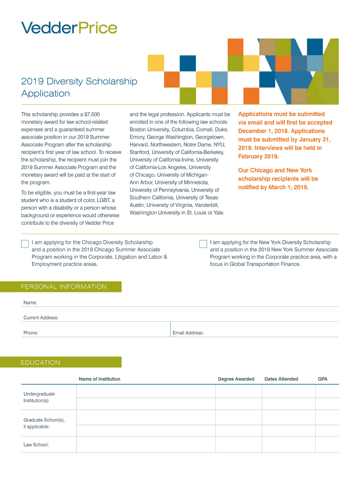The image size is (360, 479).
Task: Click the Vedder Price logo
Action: tap(69, 28)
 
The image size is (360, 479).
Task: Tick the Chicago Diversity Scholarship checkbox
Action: tap(25, 244)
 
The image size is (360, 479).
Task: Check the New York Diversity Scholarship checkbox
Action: tap(203, 244)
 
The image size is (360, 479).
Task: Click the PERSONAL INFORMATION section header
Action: tap(64, 287)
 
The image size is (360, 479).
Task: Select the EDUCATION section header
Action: tap(41, 363)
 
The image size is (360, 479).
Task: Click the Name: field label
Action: tap(30, 303)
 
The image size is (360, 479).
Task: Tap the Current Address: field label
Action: tap(41, 318)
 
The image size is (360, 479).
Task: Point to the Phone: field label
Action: tap(31, 333)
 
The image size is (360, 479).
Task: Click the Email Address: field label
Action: tap(188, 333)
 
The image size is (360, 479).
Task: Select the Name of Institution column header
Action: tap(100, 379)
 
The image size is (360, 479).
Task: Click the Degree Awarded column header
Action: tap(236, 379)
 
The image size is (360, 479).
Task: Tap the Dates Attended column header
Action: tap(281, 379)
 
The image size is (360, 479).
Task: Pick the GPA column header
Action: tap(323, 379)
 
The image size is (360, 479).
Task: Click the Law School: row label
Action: tap(36, 445)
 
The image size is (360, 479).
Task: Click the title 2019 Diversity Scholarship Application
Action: tap(79, 87)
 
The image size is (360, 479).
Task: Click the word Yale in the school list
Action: tap(218, 212)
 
